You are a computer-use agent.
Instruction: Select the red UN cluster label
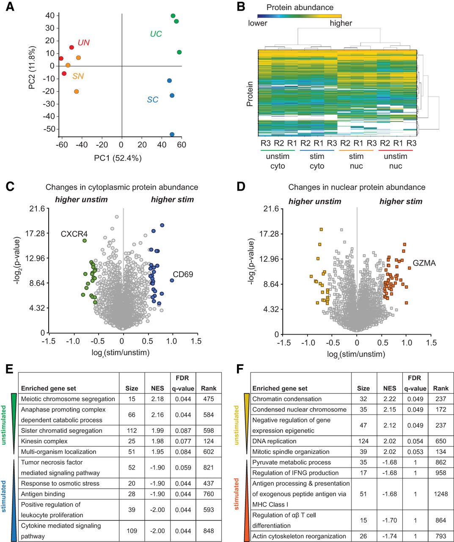(83, 43)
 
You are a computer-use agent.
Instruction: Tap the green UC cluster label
(156, 34)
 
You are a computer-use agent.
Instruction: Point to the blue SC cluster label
(152, 100)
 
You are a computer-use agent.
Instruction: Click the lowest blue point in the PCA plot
(172, 135)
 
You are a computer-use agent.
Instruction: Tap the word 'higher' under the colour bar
(341, 23)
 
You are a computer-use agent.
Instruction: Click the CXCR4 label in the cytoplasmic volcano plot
(74, 234)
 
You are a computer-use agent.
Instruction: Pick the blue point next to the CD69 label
(172, 280)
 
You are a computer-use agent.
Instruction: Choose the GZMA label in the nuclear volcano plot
(424, 263)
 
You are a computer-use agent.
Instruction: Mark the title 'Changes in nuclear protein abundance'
(357, 187)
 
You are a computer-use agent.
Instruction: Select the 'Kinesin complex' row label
(44, 441)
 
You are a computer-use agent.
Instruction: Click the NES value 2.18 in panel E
(157, 399)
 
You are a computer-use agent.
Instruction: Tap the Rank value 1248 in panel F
(440, 494)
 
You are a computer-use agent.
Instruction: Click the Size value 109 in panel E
(132, 531)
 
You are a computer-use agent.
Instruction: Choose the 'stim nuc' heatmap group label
(356, 161)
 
